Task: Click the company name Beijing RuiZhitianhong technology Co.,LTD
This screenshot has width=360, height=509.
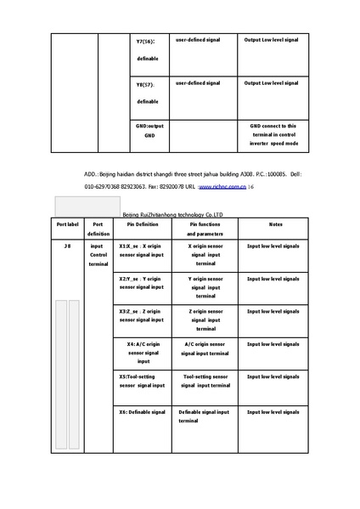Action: pos(172,216)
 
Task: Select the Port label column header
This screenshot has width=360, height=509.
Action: pos(67,224)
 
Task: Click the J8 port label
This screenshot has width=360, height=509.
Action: pos(67,246)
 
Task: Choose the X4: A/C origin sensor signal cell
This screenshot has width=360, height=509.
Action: pos(143,352)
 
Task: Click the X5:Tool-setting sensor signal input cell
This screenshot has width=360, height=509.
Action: pos(143,379)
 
